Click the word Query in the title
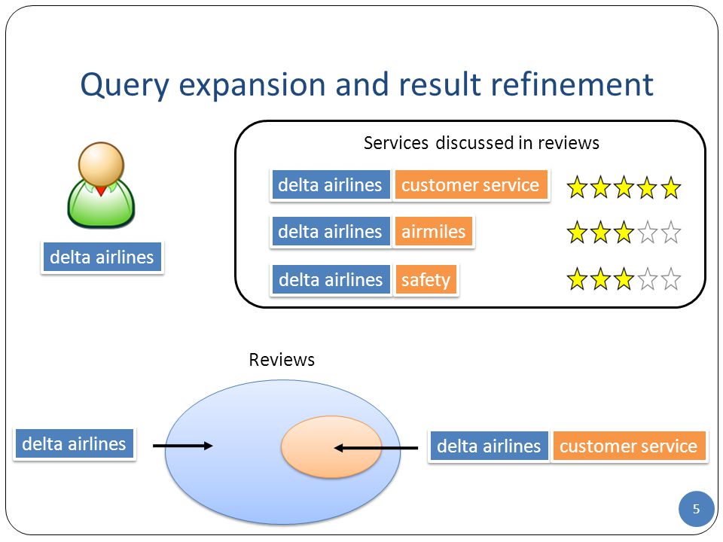(125, 85)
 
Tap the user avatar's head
(101, 164)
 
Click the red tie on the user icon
(102, 190)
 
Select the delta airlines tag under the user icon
(102, 257)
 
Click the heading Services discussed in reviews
(481, 143)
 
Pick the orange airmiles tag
(434, 231)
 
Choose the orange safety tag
(426, 280)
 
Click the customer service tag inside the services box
(471, 185)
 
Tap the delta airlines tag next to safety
(331, 280)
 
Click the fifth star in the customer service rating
(670, 187)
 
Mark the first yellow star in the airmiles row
(578, 232)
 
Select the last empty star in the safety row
(670, 279)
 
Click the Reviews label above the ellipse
(282, 360)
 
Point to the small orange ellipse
(331, 446)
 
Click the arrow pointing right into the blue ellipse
(182, 446)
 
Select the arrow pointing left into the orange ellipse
(376, 448)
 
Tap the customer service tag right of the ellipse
(629, 446)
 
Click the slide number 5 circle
(696, 509)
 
